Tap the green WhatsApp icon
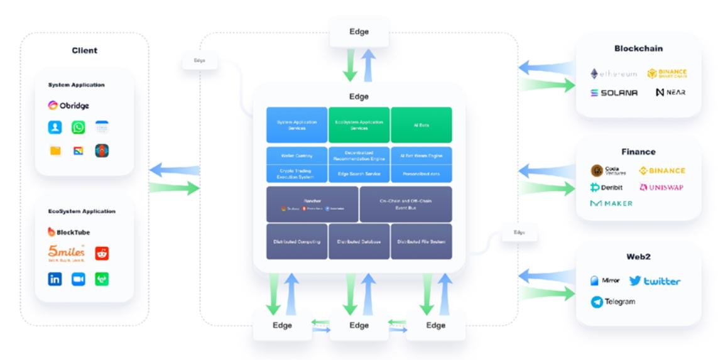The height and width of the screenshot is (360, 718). [x=78, y=128]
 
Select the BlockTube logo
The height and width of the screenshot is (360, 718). [x=68, y=232]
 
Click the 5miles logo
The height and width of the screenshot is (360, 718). [x=66, y=253]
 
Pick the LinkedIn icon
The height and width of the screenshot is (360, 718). [x=55, y=279]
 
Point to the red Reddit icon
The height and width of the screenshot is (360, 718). [x=102, y=253]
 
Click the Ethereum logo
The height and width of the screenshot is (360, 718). [x=614, y=74]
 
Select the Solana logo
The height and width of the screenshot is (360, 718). [x=614, y=92]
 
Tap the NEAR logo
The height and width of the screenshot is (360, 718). [x=670, y=92]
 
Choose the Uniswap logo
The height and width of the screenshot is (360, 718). [x=661, y=187]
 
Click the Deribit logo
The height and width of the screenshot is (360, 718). [x=609, y=187]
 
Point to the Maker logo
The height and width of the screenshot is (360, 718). [x=611, y=204]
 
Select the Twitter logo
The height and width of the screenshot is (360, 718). [x=655, y=281]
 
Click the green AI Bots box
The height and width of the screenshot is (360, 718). [x=421, y=124]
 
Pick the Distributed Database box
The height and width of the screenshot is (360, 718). [x=359, y=241]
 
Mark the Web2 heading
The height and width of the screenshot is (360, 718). [x=638, y=256]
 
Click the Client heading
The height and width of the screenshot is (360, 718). [x=84, y=50]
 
